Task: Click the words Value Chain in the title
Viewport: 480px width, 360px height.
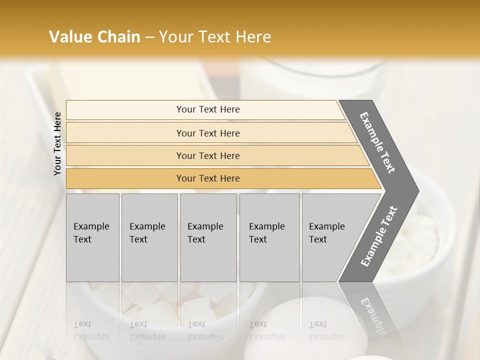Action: [94, 36]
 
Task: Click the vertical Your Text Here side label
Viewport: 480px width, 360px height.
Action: [57, 143]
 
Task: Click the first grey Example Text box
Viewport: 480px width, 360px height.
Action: [92, 237]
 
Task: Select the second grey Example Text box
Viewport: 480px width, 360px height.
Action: [149, 237]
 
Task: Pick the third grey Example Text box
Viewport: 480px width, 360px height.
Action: [208, 237]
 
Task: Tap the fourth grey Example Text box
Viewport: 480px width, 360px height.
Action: [269, 237]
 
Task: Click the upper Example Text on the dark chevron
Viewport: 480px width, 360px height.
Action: [378, 143]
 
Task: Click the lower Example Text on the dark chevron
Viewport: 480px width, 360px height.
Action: [379, 236]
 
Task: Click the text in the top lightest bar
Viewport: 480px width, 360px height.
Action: [208, 109]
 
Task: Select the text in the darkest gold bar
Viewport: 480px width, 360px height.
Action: [208, 178]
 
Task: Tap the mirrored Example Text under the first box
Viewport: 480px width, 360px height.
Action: [91, 330]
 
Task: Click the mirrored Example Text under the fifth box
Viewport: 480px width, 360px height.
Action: [327, 330]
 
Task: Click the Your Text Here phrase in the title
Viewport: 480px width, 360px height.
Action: [215, 36]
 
